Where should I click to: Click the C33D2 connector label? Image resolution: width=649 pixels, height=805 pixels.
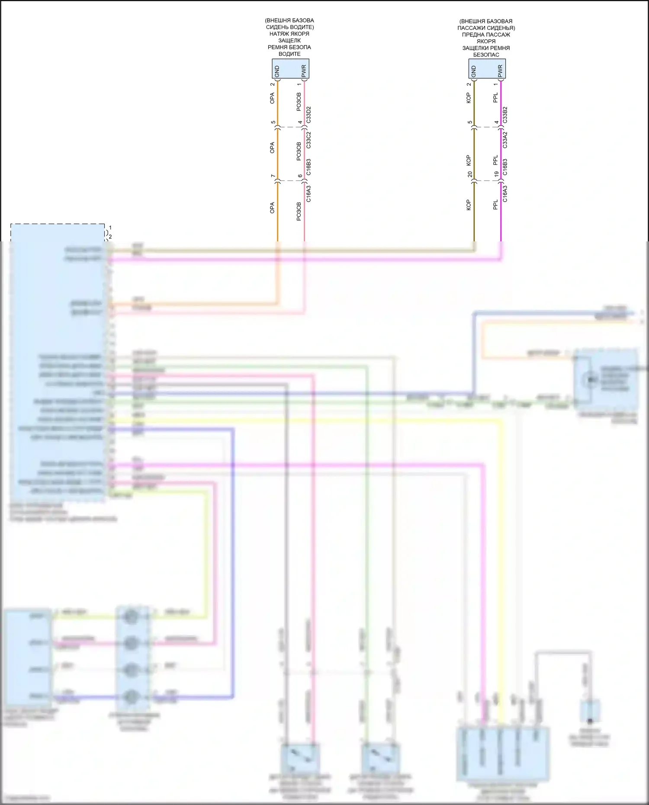click(x=308, y=115)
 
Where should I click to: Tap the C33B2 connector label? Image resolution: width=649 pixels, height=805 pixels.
click(x=505, y=115)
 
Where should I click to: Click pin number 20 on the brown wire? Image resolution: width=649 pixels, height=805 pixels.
click(x=470, y=174)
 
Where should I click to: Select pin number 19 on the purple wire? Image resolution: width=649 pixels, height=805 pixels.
click(x=497, y=174)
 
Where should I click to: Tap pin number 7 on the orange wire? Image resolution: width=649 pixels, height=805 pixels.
click(x=273, y=176)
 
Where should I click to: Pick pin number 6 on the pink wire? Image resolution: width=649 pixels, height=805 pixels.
click(x=300, y=176)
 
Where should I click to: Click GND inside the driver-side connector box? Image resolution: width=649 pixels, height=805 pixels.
click(x=277, y=71)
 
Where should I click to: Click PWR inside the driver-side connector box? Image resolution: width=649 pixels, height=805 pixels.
click(x=304, y=71)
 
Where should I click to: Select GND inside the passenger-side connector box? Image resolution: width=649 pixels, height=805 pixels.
click(x=473, y=71)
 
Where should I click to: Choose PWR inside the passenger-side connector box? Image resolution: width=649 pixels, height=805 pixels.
click(x=500, y=71)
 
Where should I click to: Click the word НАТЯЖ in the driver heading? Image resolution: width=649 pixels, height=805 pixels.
click(x=278, y=34)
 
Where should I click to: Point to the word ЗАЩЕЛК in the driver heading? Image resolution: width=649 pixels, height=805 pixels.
click(x=289, y=41)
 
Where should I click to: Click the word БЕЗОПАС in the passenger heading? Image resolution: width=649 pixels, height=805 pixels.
click(x=486, y=55)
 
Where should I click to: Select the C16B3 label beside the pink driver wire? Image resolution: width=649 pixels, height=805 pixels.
click(x=308, y=167)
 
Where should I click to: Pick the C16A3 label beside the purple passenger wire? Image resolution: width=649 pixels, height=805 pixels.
click(x=505, y=193)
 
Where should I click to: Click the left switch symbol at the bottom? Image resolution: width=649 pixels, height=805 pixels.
click(x=300, y=757)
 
